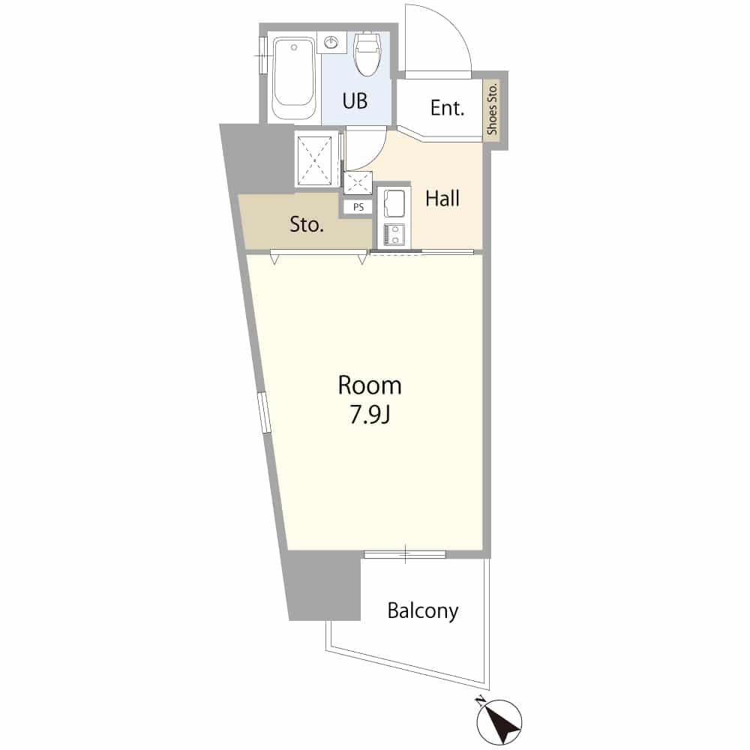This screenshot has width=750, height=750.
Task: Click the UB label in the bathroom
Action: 355,101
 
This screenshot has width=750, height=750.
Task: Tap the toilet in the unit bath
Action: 367,53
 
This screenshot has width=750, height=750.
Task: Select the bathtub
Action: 294,79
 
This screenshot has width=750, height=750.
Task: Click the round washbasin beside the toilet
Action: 331,43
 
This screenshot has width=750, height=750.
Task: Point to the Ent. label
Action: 447,108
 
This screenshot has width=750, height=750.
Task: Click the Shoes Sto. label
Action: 492,109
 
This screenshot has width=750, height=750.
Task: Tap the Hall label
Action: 442,199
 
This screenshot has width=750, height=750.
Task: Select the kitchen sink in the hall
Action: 394,204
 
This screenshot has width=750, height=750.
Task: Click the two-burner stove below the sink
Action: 394,234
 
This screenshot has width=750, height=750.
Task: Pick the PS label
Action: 358,207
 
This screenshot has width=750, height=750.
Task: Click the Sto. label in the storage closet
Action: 307,223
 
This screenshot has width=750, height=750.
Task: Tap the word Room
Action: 369,385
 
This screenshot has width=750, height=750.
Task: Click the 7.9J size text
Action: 370,415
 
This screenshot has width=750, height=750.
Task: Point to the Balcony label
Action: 423,610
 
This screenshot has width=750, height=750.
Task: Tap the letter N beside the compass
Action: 480,702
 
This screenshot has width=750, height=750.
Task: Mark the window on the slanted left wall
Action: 264,412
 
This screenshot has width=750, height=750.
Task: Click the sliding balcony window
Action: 405,554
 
